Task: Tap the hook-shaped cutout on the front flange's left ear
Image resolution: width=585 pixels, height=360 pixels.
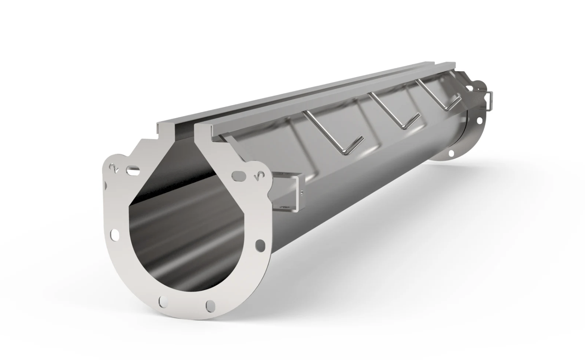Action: pos(114,168)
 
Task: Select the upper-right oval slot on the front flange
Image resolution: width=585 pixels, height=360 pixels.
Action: pos(238,176)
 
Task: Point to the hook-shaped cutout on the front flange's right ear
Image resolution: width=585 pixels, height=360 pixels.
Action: pos(258,178)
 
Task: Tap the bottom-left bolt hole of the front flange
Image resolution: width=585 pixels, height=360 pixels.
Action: pos(162,302)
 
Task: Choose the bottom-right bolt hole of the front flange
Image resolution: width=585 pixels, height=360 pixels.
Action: pos(211,305)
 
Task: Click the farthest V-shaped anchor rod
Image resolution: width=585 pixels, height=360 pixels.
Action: pos(440,95)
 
